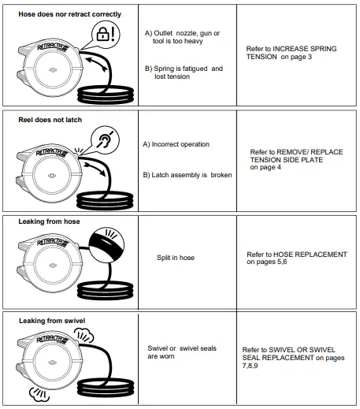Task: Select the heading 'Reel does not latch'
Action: [x=50, y=120]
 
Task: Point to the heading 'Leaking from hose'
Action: [x=49, y=221]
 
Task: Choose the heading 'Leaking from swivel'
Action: [x=52, y=321]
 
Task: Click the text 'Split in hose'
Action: [x=176, y=258]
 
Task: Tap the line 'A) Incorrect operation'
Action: [x=176, y=145]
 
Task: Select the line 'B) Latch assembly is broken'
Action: [x=187, y=175]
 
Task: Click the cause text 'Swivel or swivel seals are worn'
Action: [x=182, y=351]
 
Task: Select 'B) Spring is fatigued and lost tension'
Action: [x=184, y=73]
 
